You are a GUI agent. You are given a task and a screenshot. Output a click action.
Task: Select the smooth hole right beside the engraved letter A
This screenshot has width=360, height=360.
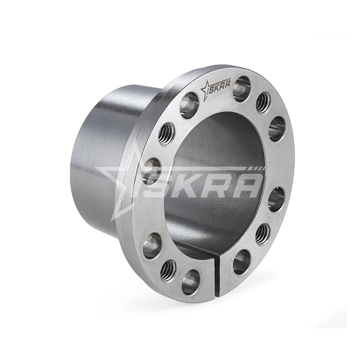point(242,88)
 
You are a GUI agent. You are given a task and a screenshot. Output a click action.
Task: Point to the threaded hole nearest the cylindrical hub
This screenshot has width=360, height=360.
point(166,134)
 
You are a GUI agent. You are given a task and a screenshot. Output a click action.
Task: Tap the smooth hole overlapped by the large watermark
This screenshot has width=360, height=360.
point(151,170)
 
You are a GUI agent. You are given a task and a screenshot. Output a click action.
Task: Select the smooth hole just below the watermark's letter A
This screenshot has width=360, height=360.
point(276,199)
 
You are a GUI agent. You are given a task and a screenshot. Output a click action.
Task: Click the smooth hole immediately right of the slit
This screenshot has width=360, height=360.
point(241,262)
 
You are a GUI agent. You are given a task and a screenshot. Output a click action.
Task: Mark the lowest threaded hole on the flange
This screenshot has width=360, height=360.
point(168,269)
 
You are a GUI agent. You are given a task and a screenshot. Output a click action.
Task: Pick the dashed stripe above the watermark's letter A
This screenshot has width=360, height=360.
point(256,169)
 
